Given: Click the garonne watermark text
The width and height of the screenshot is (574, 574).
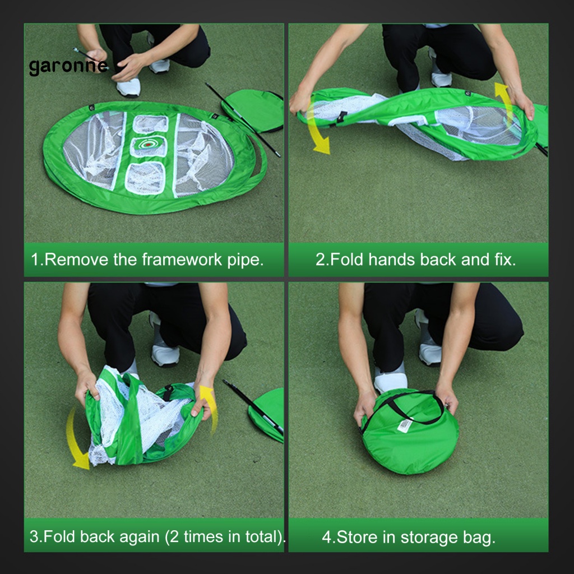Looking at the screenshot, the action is [x=68, y=67].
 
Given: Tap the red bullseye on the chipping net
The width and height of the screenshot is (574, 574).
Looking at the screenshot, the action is [x=148, y=145].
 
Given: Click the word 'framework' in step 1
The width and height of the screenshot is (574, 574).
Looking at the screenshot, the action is [x=182, y=260].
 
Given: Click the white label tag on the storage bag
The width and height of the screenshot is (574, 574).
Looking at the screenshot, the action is [x=405, y=425].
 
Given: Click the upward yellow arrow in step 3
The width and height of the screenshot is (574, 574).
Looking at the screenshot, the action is [x=210, y=408].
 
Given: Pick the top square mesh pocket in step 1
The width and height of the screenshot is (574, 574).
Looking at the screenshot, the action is [x=150, y=124].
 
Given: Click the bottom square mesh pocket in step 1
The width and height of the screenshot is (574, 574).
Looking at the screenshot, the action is [x=145, y=178].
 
